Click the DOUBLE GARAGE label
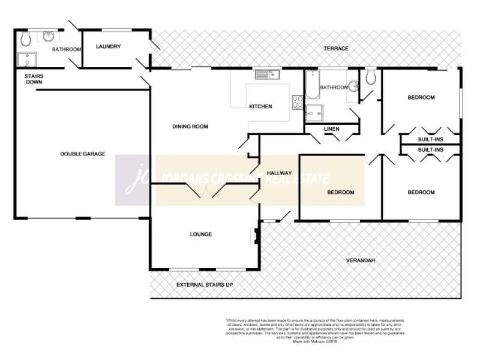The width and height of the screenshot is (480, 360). (x=82, y=154)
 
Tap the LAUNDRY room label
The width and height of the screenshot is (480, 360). (x=108, y=47)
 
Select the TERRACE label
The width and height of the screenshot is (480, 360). (x=336, y=49)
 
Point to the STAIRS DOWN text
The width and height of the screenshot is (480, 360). (x=34, y=80)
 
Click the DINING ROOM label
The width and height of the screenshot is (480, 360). (x=190, y=127)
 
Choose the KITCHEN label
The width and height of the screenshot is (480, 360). (x=260, y=107)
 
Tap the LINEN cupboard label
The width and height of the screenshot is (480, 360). (x=331, y=128)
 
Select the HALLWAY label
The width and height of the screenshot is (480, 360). (x=279, y=173)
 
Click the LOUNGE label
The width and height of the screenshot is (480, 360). (x=201, y=234)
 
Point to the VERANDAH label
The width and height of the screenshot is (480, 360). (x=361, y=260)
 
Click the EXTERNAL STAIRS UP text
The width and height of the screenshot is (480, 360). (x=205, y=284)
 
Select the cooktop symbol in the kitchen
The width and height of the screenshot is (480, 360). (x=297, y=102)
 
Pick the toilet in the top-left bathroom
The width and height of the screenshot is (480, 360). (x=25, y=40)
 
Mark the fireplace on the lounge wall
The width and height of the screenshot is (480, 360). (x=255, y=235)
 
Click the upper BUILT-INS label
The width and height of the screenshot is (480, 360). (x=430, y=139)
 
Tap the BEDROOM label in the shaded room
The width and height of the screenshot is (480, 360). (x=340, y=193)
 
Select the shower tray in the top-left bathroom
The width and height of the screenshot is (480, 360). (x=26, y=60)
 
